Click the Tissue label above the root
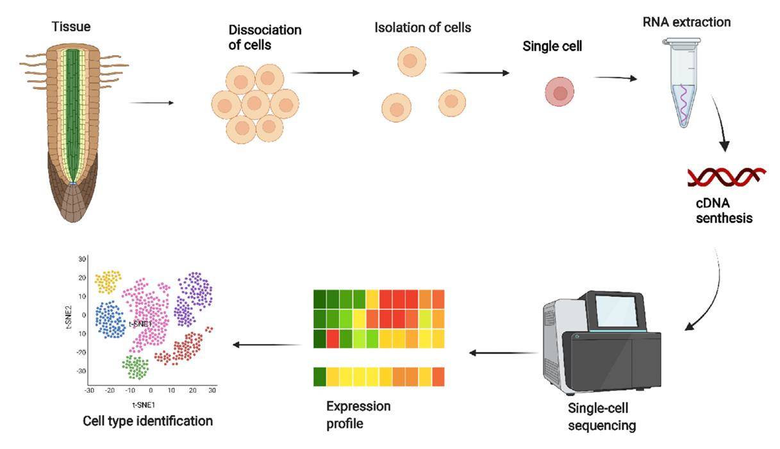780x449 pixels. tap(71, 27)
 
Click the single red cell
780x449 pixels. tap(559, 92)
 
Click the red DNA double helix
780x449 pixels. tap(726, 177)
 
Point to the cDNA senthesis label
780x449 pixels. tap(724, 210)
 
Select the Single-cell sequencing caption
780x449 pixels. tap(602, 417)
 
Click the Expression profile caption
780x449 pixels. tap(358, 414)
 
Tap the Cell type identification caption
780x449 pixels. tap(147, 421)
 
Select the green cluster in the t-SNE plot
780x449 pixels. tap(135, 367)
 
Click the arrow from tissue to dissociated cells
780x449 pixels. tap(151, 102)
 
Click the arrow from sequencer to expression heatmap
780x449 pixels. tap(503, 352)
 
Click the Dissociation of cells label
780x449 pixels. tap(265, 37)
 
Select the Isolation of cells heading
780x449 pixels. tap(422, 28)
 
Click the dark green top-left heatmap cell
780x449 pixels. tap(319, 299)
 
